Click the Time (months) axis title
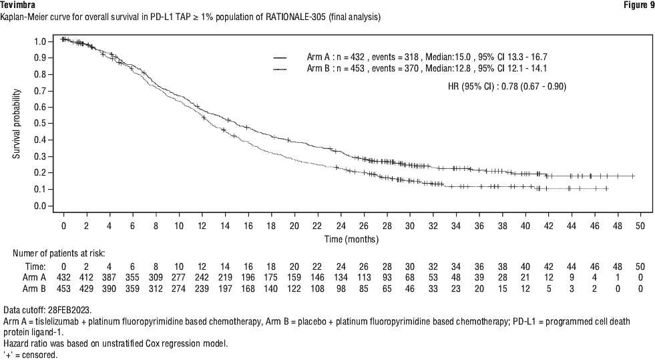tap(351, 238)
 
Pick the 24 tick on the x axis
tap(341, 226)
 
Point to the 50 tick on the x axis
tap(640, 226)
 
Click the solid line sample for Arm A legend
tap(280, 57)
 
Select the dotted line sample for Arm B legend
tap(280, 69)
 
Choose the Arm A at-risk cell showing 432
tap(64, 277)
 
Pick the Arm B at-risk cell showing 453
tap(64, 289)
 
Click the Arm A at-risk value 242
tap(202, 277)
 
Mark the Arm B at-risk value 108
tap(318, 289)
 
